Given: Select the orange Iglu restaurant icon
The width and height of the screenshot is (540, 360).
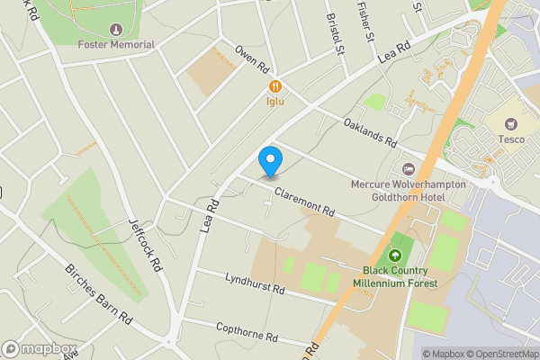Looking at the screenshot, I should pyautogui.click(x=274, y=86).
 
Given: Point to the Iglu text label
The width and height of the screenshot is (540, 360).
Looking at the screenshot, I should pyautogui.click(x=274, y=101).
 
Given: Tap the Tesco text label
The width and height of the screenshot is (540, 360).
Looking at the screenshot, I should pyautogui.click(x=512, y=139).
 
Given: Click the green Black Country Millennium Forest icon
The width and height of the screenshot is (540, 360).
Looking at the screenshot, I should pyautogui.click(x=395, y=256).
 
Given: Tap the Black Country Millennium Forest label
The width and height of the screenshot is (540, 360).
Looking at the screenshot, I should pyautogui.click(x=400, y=276).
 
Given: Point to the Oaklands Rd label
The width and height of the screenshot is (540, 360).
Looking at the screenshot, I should pyautogui.click(x=369, y=131).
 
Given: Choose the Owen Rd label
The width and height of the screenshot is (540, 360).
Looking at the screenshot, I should pyautogui.click(x=252, y=59).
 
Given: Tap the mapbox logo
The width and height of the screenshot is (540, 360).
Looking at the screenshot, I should pyautogui.click(x=39, y=349).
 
